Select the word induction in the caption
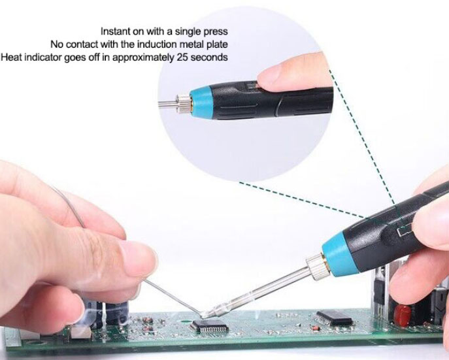[x=157, y=44]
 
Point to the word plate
[x=217, y=44]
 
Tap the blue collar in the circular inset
[x=201, y=102]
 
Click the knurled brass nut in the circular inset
[x=183, y=104]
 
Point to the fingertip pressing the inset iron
[x=275, y=75]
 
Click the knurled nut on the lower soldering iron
[x=316, y=267]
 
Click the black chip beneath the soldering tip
[x=210, y=325]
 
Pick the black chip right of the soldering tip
[x=335, y=318]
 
